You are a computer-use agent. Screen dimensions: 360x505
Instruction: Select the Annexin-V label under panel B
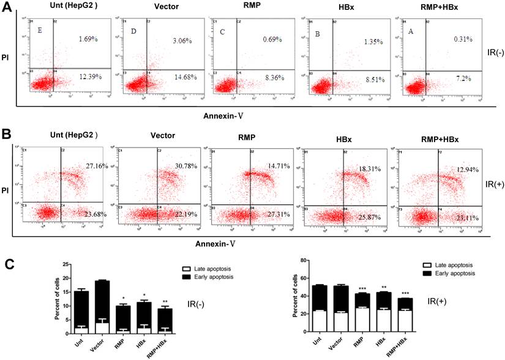click(215, 242)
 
